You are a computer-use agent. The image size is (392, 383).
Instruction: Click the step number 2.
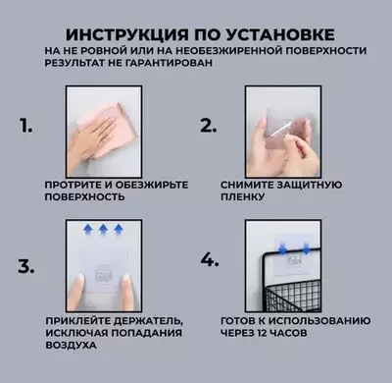(208, 126)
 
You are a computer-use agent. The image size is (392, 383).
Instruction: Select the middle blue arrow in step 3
(100, 229)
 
